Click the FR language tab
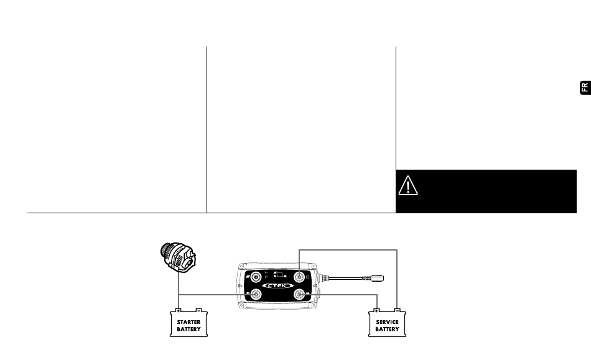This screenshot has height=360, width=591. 584,87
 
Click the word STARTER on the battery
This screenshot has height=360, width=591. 188,322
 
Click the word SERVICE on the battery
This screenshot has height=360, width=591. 387,322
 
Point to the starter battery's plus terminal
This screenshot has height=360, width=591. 178,310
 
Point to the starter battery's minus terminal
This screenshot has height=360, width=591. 198,310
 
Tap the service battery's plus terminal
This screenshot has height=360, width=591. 376,310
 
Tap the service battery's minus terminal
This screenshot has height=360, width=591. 397,310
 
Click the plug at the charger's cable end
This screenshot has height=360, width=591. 377,278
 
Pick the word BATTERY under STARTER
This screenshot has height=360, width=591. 188,329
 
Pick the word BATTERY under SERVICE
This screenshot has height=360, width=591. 387,329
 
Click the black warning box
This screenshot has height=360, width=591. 486,191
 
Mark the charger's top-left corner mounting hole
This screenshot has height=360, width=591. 239,267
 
